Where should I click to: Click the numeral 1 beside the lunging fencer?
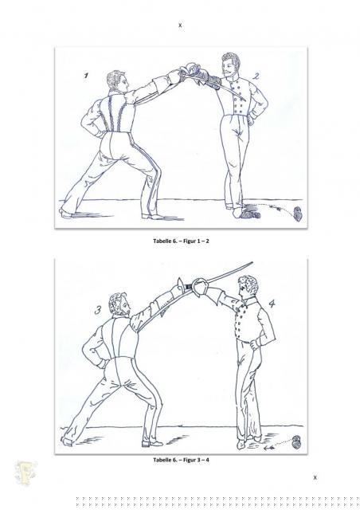point(86,76)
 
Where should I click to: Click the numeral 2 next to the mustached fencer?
point(256,76)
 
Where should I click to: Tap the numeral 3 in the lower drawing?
point(98,310)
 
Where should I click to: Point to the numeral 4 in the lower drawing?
point(272,304)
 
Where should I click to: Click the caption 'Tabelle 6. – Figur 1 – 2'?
point(181,241)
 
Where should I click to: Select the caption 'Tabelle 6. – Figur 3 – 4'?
point(181,460)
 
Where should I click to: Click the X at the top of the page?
point(180,25)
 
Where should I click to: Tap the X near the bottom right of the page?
point(315,477)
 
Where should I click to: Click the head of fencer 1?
point(118,81)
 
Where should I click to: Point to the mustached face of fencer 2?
point(230,66)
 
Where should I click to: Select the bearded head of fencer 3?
point(119,304)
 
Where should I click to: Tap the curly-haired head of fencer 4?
point(248,288)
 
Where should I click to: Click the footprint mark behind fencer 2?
point(298,214)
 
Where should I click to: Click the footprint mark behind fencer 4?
point(296,442)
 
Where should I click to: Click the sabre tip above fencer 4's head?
point(252,262)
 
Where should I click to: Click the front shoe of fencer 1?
point(153,216)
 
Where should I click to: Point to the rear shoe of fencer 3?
point(66,441)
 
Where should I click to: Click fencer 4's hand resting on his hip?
point(254,343)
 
